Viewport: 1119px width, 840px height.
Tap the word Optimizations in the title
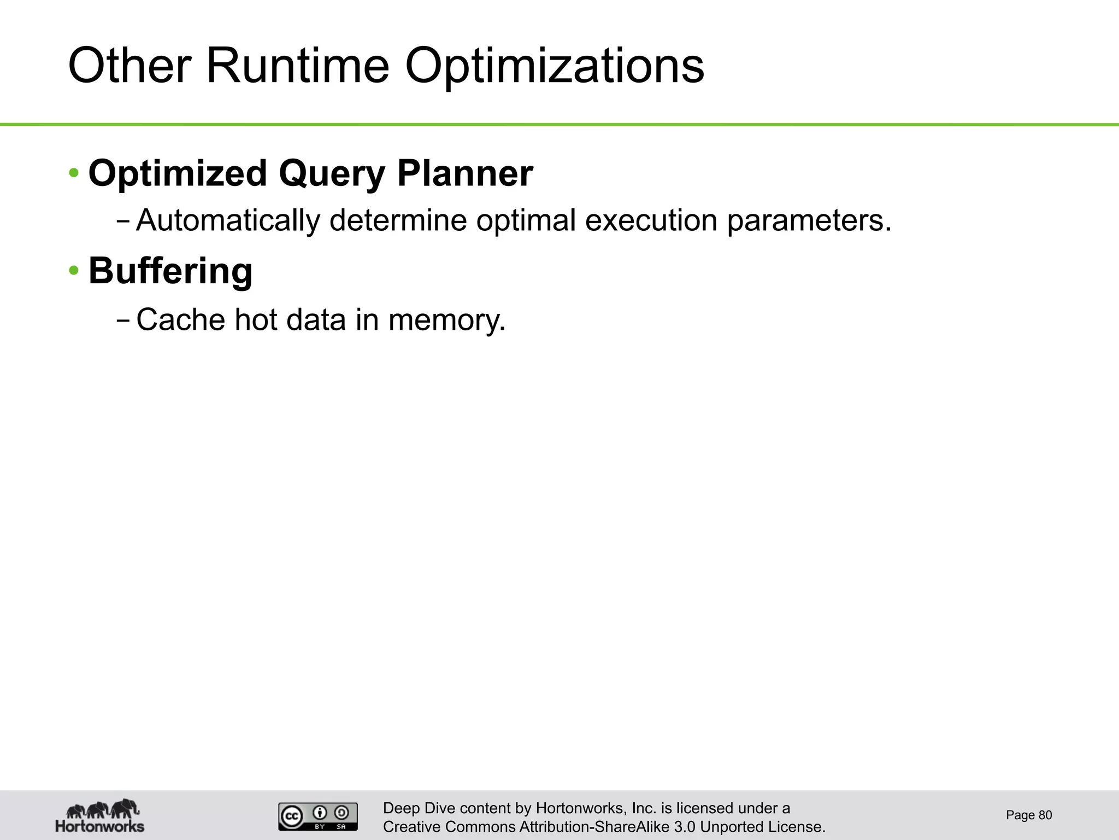[x=554, y=67]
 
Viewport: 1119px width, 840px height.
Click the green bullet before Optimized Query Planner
[x=74, y=174]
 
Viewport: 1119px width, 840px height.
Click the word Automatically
[x=228, y=220]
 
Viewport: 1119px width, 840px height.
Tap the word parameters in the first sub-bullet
[x=809, y=220]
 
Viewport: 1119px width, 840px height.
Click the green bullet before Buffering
[x=74, y=271]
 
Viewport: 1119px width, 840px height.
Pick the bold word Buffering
[x=170, y=271]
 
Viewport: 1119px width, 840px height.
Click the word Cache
[x=180, y=319]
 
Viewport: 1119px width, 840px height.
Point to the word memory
[x=447, y=320]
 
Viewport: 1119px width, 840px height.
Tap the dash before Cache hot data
[x=123, y=320]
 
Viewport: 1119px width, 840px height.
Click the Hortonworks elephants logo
[x=101, y=815]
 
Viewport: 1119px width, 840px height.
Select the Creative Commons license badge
[x=318, y=816]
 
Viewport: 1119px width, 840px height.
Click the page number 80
[x=1045, y=815]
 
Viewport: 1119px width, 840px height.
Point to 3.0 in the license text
[x=685, y=827]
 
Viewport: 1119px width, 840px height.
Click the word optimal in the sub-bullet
[x=526, y=220]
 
